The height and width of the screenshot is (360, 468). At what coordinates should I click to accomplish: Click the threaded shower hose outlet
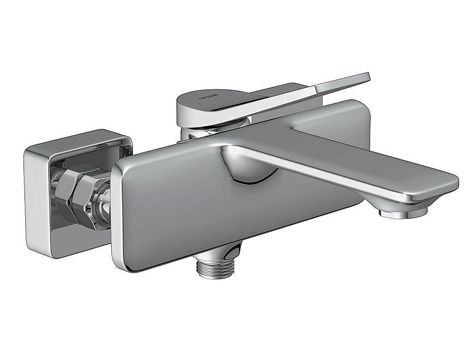[x=214, y=269]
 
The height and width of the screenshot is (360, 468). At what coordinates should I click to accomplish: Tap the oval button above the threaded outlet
[x=232, y=251]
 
